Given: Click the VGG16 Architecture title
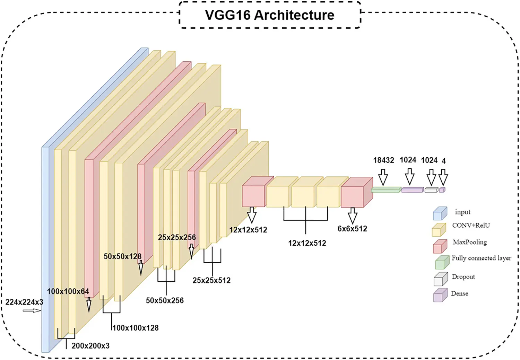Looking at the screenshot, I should (270, 15).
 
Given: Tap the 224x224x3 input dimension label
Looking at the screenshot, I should (24, 302).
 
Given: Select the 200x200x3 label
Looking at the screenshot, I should (90, 346).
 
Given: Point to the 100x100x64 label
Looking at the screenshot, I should (68, 291).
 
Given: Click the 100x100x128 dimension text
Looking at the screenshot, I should (136, 328).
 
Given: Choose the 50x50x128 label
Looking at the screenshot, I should (122, 256).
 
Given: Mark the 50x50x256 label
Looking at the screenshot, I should (165, 300).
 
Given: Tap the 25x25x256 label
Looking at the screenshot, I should (177, 237).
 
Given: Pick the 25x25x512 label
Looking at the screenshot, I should (211, 280).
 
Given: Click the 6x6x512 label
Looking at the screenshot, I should (352, 229).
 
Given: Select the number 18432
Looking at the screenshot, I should (383, 160).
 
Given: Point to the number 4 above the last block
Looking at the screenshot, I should (443, 161).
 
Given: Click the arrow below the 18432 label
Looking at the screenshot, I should (383, 177).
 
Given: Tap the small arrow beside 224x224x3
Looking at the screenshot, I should (32, 310).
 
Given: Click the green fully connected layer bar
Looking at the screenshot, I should (386, 190).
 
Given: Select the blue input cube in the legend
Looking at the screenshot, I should (440, 213).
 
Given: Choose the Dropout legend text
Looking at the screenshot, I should (463, 277).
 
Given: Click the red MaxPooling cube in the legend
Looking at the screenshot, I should (440, 246).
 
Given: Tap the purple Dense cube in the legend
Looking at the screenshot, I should (440, 296).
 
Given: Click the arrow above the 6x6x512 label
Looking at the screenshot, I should (353, 215).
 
